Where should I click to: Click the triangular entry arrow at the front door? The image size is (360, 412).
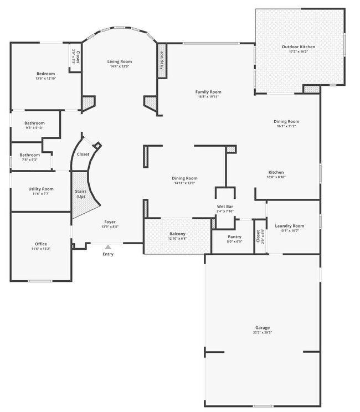click(108, 247)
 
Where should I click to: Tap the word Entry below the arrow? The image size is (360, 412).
click(108, 254)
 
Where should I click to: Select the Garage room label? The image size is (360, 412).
click(263, 328)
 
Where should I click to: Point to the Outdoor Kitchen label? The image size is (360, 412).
click(299, 47)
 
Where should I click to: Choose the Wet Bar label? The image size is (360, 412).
click(225, 207)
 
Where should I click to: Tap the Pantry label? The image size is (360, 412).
click(234, 236)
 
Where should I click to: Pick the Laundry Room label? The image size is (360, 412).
click(290, 226)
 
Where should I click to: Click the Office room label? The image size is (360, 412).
click(41, 244)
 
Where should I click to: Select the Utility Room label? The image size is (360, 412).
click(41, 189)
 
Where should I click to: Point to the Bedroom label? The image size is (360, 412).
click(46, 74)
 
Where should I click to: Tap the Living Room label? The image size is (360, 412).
click(120, 61)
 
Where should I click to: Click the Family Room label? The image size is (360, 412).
click(208, 92)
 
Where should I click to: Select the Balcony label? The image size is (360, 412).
click(177, 234)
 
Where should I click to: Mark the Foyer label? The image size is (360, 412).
click(110, 222)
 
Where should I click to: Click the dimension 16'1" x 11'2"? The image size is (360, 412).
click(286, 126)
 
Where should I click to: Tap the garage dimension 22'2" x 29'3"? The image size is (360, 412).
click(263, 333)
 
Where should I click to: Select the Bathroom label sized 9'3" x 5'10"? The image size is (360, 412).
click(34, 123)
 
